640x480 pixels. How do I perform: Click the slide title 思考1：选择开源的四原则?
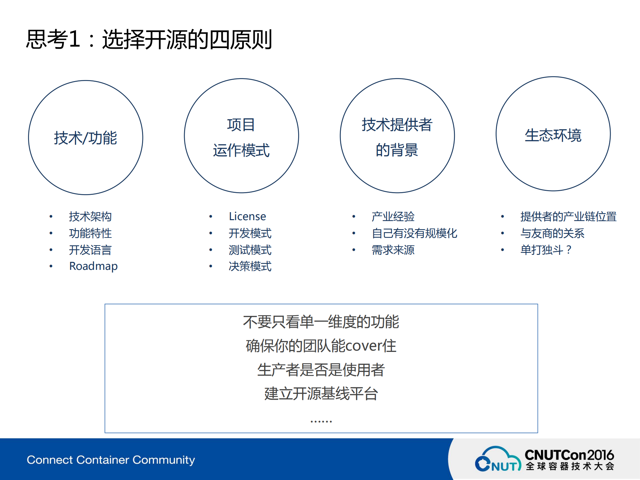149,39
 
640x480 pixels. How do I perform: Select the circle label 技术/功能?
86,138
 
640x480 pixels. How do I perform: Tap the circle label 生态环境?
553,135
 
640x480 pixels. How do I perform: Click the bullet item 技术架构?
90,216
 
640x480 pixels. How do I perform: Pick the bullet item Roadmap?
93,266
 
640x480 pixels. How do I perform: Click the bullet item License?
247,216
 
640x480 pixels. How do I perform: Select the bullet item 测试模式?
250,250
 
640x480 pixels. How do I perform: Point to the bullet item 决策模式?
250,266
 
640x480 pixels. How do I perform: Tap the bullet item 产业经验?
393,216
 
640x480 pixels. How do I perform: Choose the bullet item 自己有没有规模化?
414,233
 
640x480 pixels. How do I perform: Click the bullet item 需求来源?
393,250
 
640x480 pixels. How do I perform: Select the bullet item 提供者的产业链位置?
568,216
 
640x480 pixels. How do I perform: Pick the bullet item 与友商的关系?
552,233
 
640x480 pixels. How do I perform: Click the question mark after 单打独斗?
569,250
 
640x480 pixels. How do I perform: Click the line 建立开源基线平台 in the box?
321,394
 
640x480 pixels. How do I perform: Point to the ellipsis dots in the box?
321,422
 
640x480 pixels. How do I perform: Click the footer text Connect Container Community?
111,460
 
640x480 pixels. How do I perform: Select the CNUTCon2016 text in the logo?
569,455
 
